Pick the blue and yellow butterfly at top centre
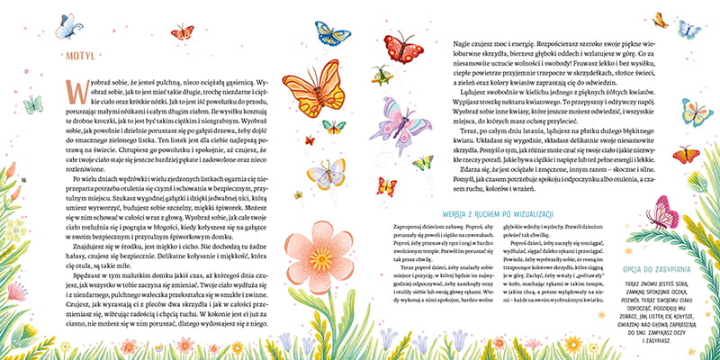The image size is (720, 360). (332, 36)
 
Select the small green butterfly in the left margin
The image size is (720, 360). (33, 105)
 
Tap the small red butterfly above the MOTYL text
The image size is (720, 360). (183, 32)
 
